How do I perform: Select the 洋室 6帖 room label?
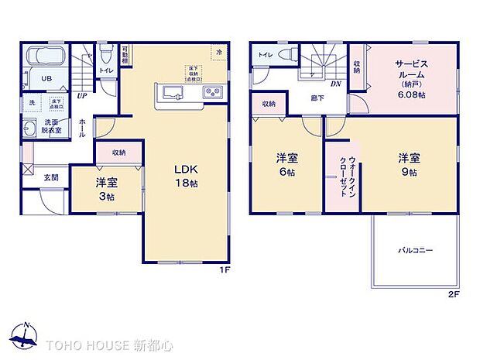[x=286, y=165]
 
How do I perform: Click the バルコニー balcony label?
[x=416, y=251]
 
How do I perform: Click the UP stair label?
[x=81, y=96]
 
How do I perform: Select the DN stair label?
[x=337, y=84]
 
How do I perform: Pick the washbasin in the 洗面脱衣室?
[x=31, y=129]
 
